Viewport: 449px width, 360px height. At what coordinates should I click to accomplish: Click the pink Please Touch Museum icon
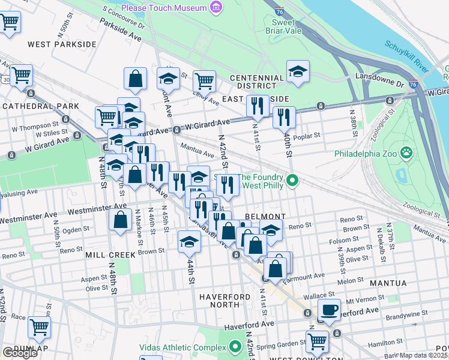(215, 8)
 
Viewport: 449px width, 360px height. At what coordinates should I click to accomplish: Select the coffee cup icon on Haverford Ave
(328, 310)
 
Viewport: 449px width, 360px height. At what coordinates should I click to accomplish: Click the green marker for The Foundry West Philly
(292, 179)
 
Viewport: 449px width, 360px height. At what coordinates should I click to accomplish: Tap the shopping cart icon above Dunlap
(39, 327)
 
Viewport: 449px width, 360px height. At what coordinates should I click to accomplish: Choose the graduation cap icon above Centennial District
(298, 71)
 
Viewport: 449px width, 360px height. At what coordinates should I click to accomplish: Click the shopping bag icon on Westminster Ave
(121, 219)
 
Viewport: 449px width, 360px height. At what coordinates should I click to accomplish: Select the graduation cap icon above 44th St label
(190, 242)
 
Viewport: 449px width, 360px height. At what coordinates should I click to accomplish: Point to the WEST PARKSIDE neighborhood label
(62, 44)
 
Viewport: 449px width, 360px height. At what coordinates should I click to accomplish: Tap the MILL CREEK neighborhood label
(110, 254)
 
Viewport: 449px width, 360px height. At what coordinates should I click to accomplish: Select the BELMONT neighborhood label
(264, 216)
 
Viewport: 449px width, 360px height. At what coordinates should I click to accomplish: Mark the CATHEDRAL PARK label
(40, 106)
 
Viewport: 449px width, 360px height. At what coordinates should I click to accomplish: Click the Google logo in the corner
(20, 353)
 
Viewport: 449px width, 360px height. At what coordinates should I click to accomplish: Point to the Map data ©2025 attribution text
(424, 355)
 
